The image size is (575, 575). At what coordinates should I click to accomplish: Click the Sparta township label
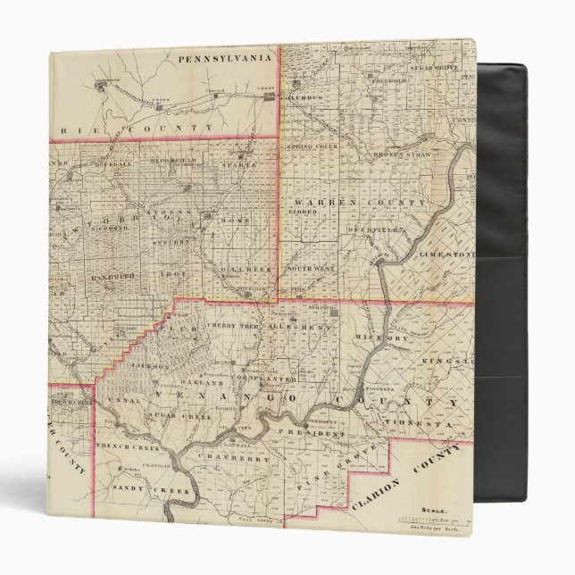click(237, 165)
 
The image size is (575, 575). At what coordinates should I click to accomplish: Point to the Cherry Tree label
click(235, 327)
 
